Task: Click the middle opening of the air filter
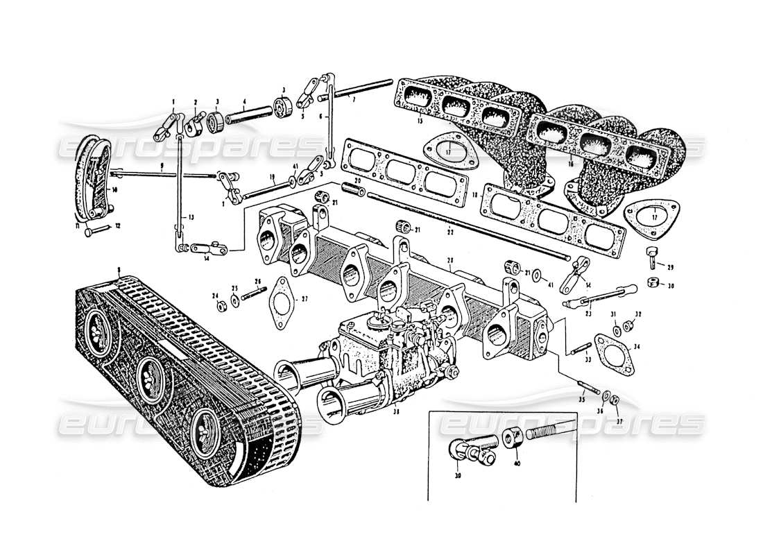[x=148, y=377]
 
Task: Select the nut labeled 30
[x=653, y=282]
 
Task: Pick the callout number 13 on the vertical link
[x=183, y=218]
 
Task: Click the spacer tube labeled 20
[x=357, y=189]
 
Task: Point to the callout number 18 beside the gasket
[x=474, y=196]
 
